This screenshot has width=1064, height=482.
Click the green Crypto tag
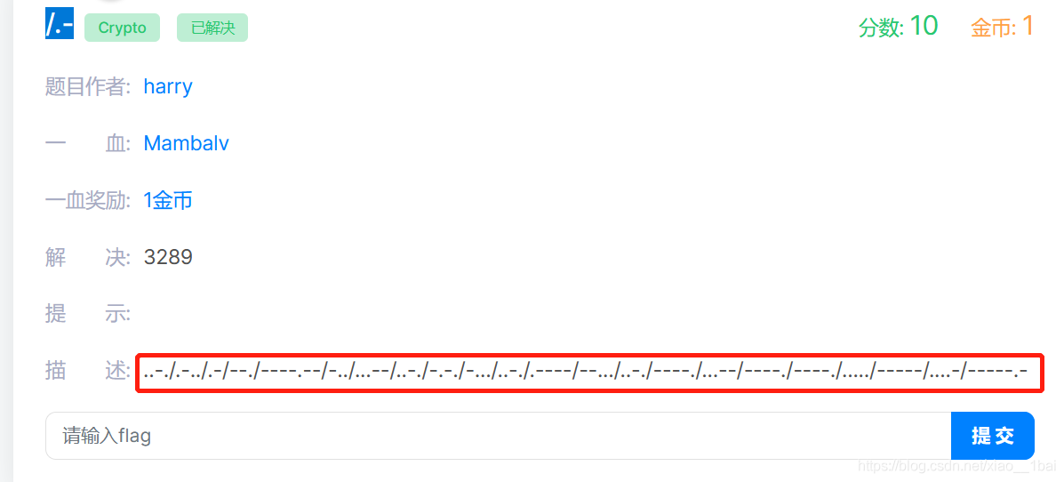122,28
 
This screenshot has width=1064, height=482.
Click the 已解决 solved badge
212,28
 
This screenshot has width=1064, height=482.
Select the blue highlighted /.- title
59,24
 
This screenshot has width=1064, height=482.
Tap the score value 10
924,26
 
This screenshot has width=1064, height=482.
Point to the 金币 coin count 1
1028,26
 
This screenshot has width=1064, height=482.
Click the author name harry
168,86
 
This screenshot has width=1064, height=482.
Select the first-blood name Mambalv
187,143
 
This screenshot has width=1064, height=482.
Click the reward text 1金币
168,200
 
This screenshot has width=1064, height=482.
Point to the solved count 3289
168,257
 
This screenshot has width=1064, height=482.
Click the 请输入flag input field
498,436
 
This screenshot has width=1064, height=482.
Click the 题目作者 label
87,86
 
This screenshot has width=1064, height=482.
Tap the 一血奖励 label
87,200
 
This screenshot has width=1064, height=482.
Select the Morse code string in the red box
587,372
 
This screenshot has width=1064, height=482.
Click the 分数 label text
881,28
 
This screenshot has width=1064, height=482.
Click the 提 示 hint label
87,314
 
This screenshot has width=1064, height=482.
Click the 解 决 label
87,257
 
